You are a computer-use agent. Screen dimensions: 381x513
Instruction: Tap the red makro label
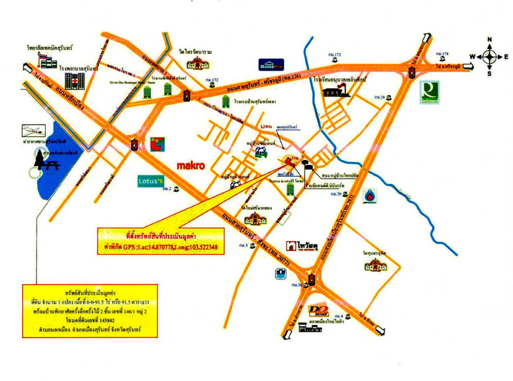[x=190, y=166]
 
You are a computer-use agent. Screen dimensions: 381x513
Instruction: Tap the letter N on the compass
[x=489, y=40]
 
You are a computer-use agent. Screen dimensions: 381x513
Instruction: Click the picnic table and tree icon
[x=47, y=162]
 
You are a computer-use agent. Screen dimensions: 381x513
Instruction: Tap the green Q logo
[x=430, y=91]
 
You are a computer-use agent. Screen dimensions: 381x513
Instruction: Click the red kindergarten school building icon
[x=339, y=90]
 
